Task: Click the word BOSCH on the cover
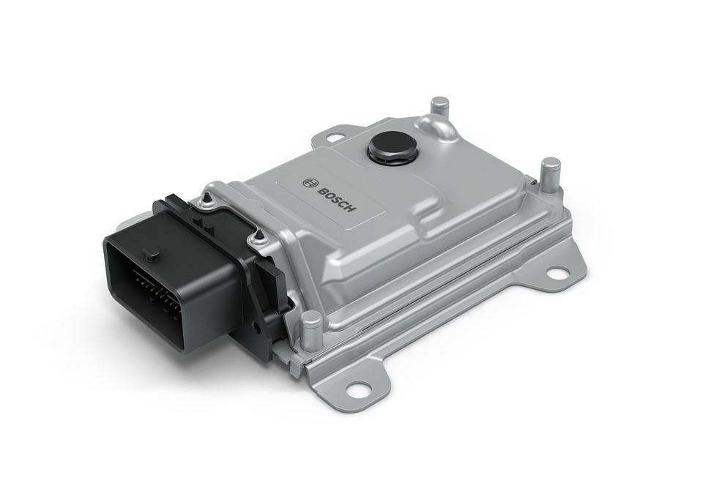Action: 337,199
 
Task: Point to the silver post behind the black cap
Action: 439,108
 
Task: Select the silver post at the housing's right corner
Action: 549,178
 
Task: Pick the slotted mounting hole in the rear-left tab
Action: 333,138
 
